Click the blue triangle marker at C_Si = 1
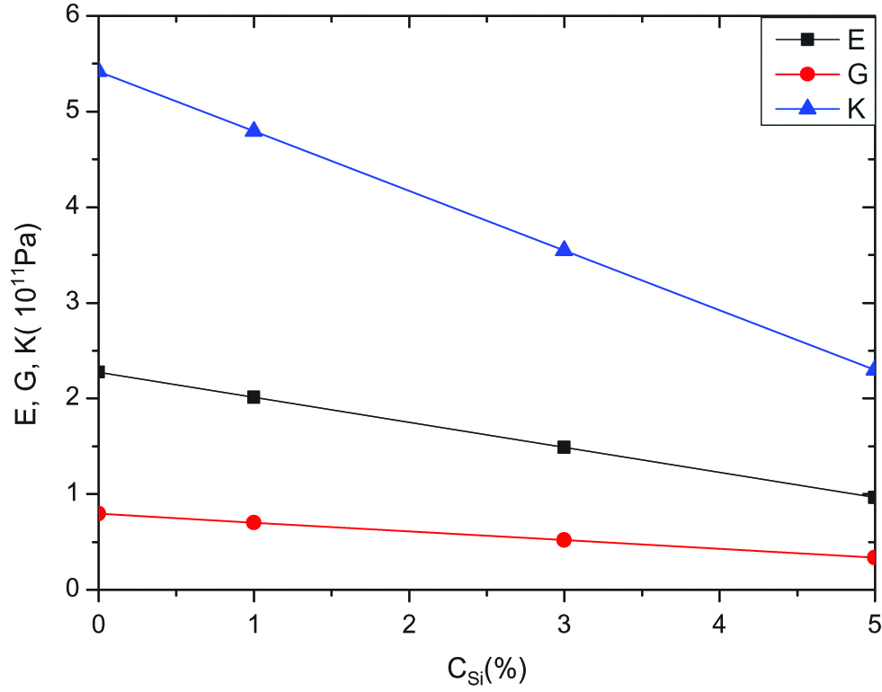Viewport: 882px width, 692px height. pyautogui.click(x=254, y=130)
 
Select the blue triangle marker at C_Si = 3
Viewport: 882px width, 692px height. pyautogui.click(x=564, y=250)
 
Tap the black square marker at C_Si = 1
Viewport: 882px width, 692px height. pyautogui.click(x=254, y=396)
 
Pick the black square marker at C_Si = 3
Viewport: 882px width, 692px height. pyautogui.click(x=564, y=447)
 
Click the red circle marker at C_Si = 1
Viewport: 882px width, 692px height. pyautogui.click(x=254, y=522)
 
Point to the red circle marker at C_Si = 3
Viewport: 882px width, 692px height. pyautogui.click(x=564, y=540)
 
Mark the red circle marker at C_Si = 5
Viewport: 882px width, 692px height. pyautogui.click(x=872, y=557)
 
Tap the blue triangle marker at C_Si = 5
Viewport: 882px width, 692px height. pyautogui.click(x=872, y=368)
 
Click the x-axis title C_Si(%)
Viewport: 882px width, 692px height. pyautogui.click(x=486, y=669)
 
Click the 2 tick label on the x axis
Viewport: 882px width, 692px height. pyautogui.click(x=409, y=620)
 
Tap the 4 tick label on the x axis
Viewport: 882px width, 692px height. pyautogui.click(x=718, y=620)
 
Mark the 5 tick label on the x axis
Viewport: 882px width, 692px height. pyautogui.click(x=873, y=620)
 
